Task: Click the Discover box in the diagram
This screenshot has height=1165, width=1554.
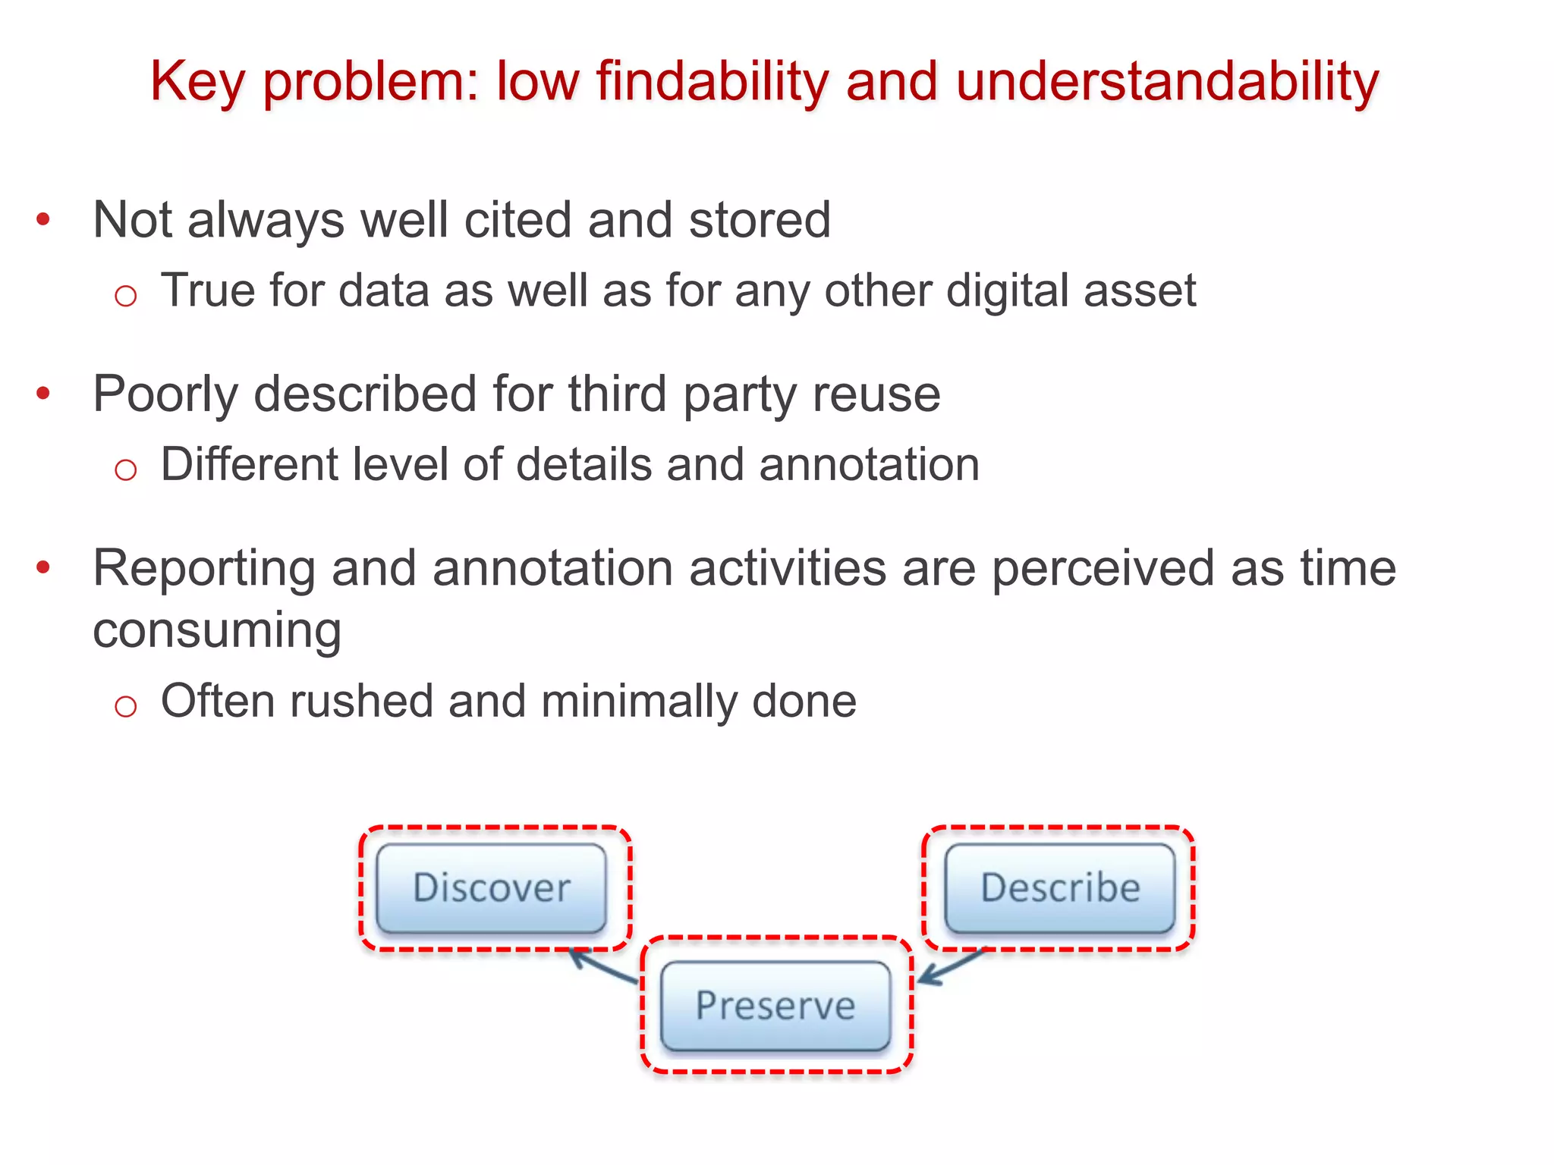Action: click(x=492, y=888)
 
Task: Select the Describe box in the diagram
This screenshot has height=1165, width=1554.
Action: click(x=1060, y=888)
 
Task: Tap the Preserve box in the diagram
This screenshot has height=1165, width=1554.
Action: click(x=775, y=1006)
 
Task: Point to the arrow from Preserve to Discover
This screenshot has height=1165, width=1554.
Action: click(x=603, y=968)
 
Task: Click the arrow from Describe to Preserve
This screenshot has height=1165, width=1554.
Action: click(x=950, y=966)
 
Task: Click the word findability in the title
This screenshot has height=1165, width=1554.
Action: click(x=712, y=82)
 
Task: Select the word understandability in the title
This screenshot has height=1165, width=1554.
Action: click(x=1167, y=82)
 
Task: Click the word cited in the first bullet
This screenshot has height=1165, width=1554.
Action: click(x=517, y=220)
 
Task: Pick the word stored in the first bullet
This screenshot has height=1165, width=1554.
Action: click(x=760, y=220)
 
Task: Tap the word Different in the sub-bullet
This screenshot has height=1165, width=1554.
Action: click(x=250, y=464)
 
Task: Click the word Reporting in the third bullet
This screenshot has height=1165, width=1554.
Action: click(x=204, y=569)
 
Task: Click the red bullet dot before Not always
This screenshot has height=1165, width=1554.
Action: click(x=43, y=220)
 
